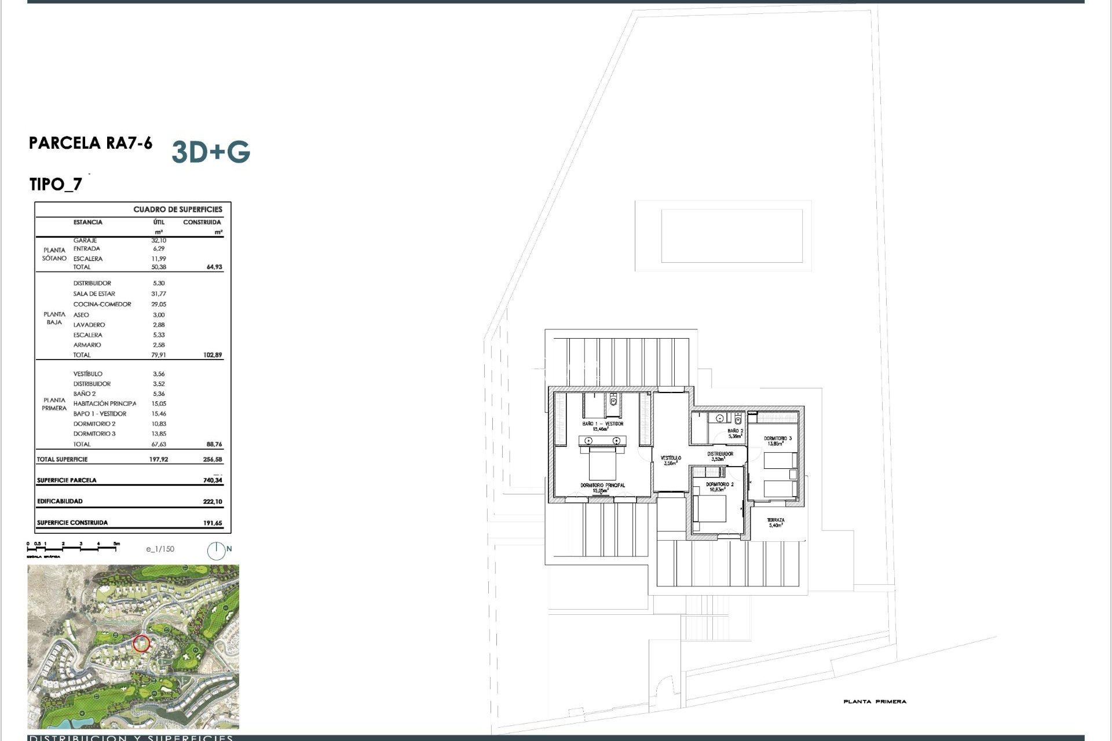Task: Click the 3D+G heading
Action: pyautogui.click(x=211, y=152)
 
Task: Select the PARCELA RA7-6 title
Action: pyautogui.click(x=90, y=143)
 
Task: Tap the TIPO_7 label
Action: pyautogui.click(x=56, y=185)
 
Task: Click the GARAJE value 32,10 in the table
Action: pyautogui.click(x=159, y=240)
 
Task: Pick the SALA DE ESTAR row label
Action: pyautogui.click(x=94, y=294)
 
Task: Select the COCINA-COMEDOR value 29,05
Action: pyautogui.click(x=159, y=305)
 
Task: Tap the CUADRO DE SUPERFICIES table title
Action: pyautogui.click(x=178, y=210)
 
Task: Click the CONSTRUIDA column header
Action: pyautogui.click(x=202, y=222)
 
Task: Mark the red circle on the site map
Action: pyautogui.click(x=141, y=644)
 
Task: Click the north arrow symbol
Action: pyautogui.click(x=217, y=551)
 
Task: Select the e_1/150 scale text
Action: pyautogui.click(x=160, y=549)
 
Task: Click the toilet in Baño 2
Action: pyautogui.click(x=738, y=418)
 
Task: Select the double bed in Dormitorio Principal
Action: pyautogui.click(x=602, y=463)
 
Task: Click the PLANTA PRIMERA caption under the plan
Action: pyautogui.click(x=875, y=702)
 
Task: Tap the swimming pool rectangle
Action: pyautogui.click(x=731, y=236)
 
